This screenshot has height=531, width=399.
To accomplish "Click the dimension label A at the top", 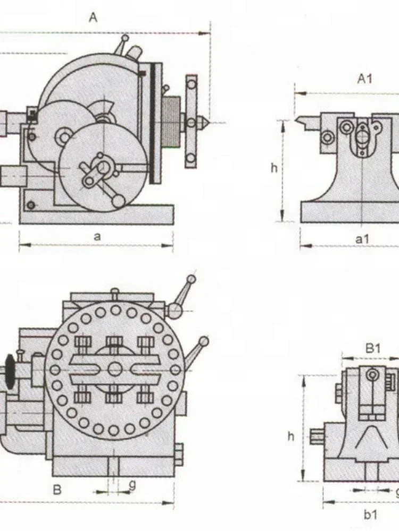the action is pyautogui.click(x=93, y=17).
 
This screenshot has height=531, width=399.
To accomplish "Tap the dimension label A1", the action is pyautogui.click(x=365, y=79).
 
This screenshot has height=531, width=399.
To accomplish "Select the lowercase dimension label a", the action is pyautogui.click(x=97, y=236).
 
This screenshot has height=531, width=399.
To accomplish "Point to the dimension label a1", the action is pyautogui.click(x=362, y=239).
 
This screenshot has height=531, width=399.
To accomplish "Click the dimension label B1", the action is pyautogui.click(x=373, y=348).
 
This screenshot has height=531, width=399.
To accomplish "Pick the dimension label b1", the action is pyautogui.click(x=370, y=515).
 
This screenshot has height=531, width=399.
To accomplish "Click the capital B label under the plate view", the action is pyautogui.click(x=57, y=490).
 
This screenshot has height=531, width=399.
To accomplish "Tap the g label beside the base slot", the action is pyautogui.click(x=132, y=485).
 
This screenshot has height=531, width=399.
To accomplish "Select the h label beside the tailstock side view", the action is pyautogui.click(x=274, y=168).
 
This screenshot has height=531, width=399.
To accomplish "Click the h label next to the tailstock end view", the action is pyautogui.click(x=291, y=436).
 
